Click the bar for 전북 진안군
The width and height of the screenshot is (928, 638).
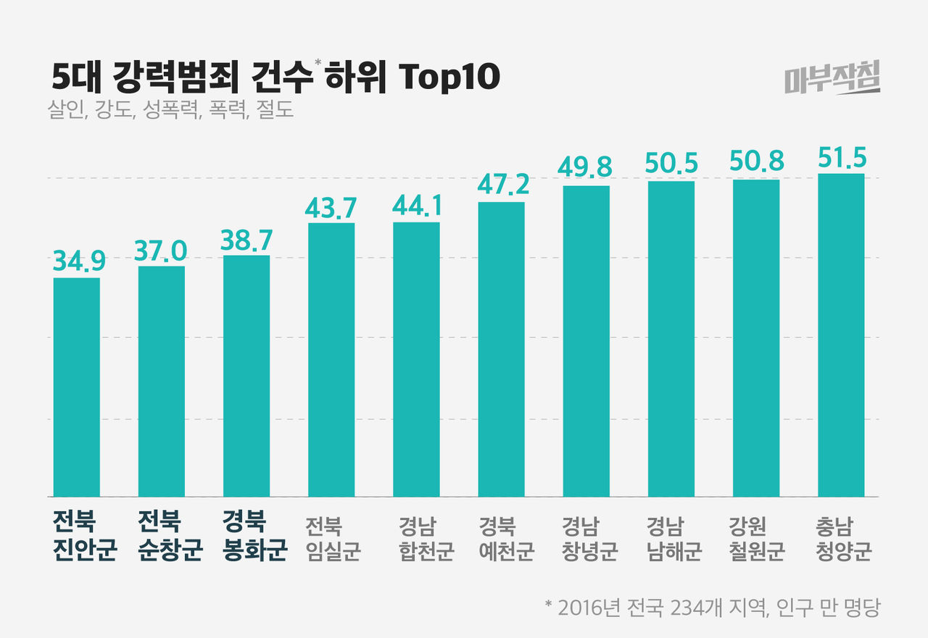coord(77,387)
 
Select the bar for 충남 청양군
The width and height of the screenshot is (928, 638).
coord(841,335)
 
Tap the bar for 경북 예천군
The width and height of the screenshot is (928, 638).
coord(502,349)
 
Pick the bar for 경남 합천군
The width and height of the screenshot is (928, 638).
coord(416,359)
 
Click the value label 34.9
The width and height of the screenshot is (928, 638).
coord(78,261)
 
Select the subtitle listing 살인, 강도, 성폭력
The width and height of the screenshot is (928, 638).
coord(170,111)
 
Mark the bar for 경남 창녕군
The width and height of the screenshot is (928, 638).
coord(586,341)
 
